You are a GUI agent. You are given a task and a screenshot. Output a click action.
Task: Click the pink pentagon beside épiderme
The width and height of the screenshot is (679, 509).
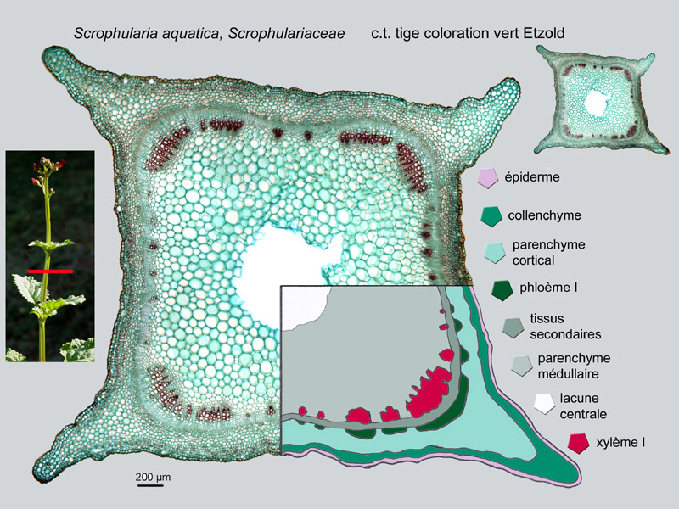[x=487, y=178]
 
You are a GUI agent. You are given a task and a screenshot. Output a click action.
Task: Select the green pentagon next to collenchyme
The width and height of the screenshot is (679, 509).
[x=491, y=216]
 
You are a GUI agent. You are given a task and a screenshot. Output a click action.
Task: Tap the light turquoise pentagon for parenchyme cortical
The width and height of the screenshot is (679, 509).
[x=495, y=253]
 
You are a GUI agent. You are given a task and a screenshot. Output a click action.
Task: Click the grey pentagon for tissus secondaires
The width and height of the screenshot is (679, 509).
[x=513, y=327]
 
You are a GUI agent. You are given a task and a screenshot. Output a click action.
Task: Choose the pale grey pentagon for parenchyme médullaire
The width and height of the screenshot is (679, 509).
[x=521, y=366]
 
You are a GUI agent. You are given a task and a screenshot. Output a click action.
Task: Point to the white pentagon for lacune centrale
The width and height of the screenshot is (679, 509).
[x=544, y=404]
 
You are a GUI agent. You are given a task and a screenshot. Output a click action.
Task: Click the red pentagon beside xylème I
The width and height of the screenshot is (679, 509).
[x=579, y=443]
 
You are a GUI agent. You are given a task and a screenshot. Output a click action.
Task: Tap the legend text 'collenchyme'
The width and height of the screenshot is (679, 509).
[x=544, y=215]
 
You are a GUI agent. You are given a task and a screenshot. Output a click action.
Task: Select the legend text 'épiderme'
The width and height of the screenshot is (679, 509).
[x=532, y=177]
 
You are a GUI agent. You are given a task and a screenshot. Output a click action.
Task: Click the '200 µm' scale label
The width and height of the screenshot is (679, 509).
[x=153, y=477]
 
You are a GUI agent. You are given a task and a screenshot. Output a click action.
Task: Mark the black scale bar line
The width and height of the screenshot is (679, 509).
[x=150, y=485]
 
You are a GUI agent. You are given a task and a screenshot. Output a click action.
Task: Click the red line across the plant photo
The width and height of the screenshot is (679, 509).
[x=51, y=271]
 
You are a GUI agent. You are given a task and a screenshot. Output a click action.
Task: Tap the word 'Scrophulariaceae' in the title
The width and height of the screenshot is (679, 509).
[x=287, y=33]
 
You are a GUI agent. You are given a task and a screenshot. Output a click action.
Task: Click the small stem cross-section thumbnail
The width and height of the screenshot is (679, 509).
[x=602, y=98]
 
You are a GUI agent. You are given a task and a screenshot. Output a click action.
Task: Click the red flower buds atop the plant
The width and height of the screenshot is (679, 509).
[x=48, y=171]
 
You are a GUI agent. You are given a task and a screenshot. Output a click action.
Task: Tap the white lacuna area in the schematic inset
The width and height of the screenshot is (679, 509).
[x=304, y=306]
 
